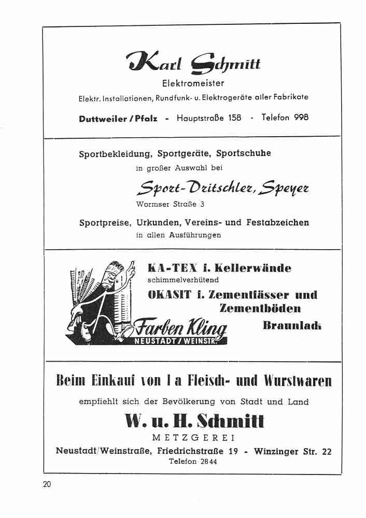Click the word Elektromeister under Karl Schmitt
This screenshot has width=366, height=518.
(x=193, y=83)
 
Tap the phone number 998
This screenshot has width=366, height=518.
(x=301, y=118)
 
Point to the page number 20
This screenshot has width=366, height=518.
(x=47, y=485)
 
